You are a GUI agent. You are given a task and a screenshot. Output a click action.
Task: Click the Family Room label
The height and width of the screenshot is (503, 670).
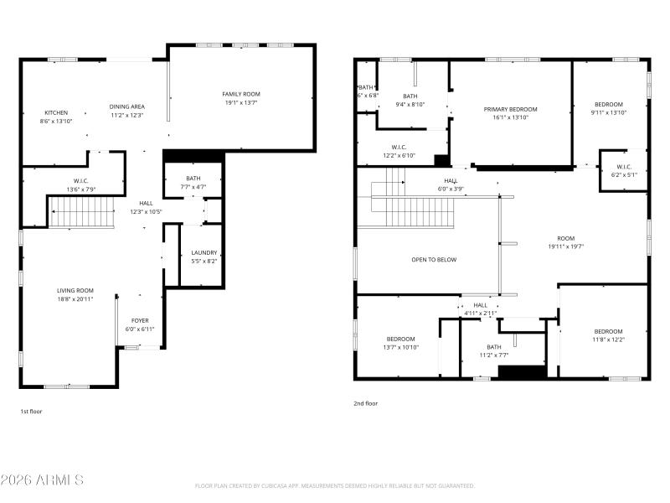(241, 94)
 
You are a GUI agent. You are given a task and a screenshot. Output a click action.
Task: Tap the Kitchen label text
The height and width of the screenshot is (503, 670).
(56, 112)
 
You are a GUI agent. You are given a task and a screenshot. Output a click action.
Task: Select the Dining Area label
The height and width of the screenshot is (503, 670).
(127, 106)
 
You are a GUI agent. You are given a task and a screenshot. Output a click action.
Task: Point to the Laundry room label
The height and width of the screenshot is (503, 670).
(204, 252)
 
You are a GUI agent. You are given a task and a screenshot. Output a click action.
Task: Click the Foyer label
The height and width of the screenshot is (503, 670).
(140, 320)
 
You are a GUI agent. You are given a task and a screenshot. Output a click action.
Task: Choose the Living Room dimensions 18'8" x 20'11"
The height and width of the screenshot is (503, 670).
(75, 298)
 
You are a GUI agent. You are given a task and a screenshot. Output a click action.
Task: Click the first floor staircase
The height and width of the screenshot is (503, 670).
(81, 213)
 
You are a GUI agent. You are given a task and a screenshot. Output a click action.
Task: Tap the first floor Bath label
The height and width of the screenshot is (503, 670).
(193, 178)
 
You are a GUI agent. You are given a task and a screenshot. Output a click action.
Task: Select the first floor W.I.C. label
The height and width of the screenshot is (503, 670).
(80, 180)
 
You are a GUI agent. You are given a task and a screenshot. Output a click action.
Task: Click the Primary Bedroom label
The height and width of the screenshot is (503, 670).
(510, 109)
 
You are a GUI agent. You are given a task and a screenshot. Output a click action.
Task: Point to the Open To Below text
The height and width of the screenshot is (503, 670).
(434, 260)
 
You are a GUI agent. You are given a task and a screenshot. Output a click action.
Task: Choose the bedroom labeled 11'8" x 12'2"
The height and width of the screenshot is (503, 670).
(608, 331)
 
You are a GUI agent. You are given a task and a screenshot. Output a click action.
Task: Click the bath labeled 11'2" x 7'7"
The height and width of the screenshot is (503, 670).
(493, 346)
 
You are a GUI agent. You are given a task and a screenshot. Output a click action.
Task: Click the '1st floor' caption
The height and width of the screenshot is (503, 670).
(31, 412)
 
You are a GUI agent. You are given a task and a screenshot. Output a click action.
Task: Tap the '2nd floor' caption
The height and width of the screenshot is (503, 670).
(365, 403)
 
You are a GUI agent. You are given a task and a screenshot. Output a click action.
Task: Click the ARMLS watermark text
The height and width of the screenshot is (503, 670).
(42, 480)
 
